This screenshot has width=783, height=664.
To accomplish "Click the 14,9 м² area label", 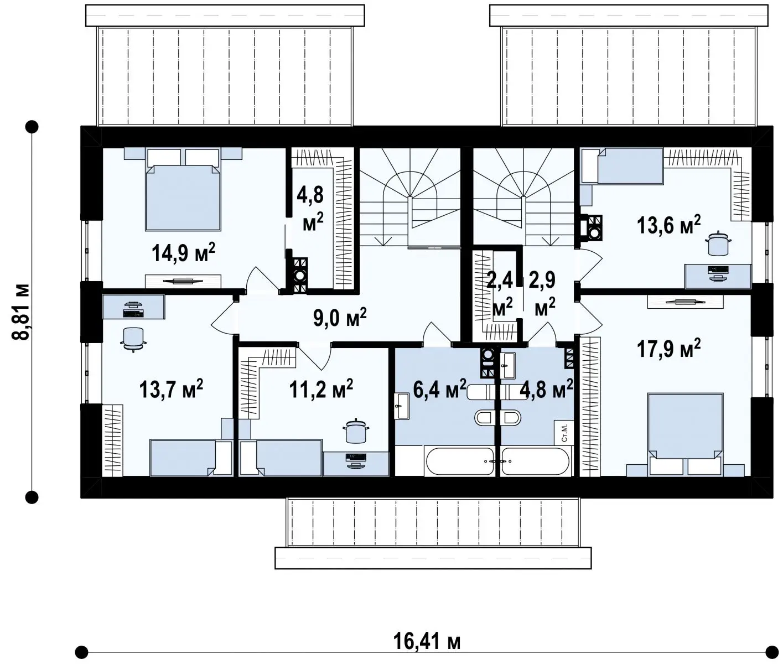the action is tap(183, 253).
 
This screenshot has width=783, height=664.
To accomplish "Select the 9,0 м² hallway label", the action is tap(340, 318).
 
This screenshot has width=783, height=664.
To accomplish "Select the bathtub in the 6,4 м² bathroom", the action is tap(460, 461).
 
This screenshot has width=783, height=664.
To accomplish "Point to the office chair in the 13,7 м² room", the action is tap(133, 338).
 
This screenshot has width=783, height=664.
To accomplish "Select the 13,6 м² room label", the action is tap(669, 225).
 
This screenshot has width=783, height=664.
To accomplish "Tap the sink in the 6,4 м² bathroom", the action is tap(402, 406).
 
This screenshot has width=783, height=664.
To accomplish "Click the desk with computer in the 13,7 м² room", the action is tap(133, 307).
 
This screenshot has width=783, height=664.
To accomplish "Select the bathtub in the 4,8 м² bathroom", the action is tap(536, 461).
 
